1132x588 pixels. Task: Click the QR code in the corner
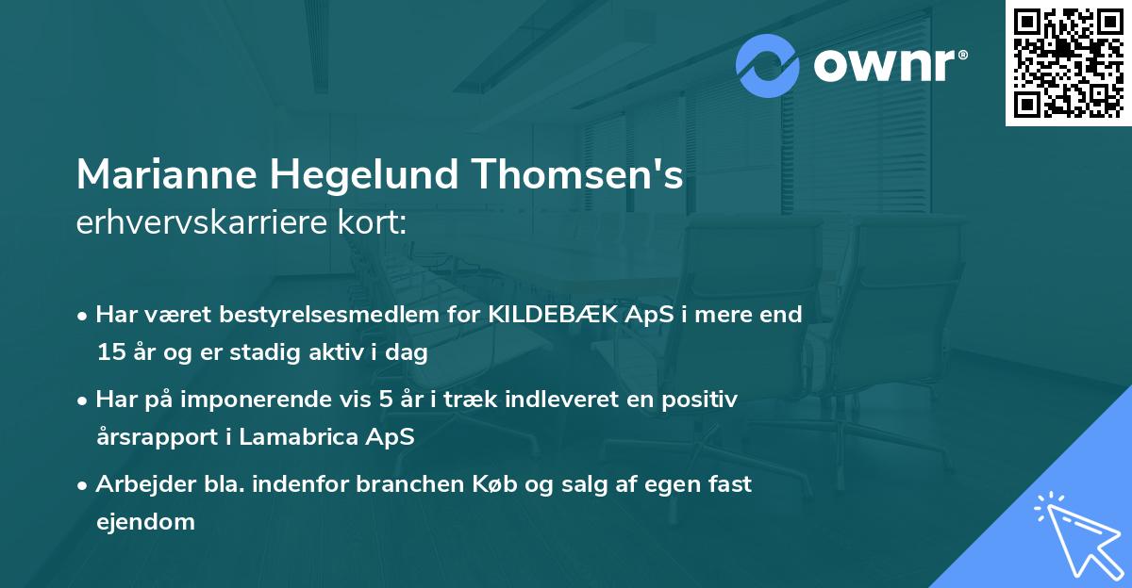coord(1068,63)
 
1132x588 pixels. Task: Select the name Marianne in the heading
coord(166,175)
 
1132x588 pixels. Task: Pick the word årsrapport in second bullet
coord(155,437)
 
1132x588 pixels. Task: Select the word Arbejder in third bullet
coord(141,484)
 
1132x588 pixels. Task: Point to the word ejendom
coord(145,521)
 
